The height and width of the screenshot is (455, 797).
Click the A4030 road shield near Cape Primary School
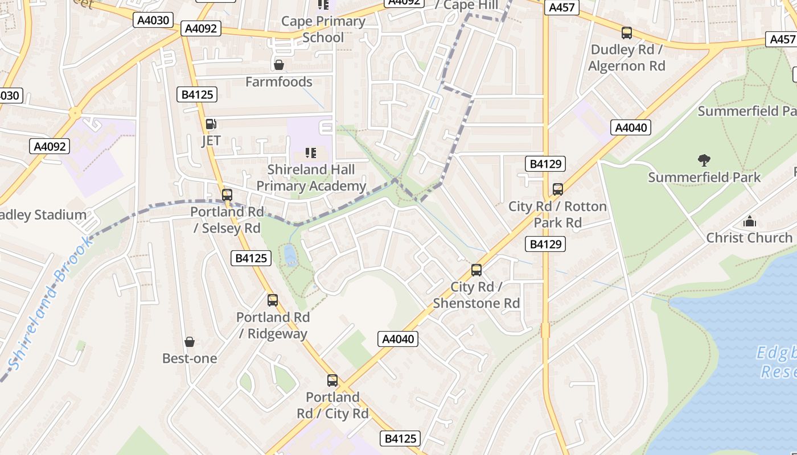click(153, 20)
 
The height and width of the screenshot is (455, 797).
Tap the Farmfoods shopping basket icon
click(279, 65)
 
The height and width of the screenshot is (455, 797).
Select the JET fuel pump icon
click(211, 123)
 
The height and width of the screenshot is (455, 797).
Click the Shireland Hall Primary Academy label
click(311, 177)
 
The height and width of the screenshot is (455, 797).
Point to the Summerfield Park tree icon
click(704, 160)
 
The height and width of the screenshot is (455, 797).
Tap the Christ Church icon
click(750, 221)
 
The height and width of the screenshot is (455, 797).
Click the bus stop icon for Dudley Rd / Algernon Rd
click(627, 33)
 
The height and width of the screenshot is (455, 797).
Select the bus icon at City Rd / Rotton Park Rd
click(558, 189)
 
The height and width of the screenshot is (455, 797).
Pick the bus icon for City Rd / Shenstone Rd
click(476, 270)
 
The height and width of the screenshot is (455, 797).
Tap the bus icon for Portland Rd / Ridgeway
click(273, 300)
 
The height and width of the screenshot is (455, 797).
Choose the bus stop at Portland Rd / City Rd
click(332, 380)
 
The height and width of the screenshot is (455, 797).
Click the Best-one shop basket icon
click(190, 342)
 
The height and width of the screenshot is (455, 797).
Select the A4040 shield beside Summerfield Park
click(631, 127)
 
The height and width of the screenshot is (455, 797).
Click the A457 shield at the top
click(561, 7)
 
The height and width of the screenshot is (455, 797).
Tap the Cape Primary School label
click(323, 29)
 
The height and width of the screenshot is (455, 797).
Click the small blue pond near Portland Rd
click(290, 254)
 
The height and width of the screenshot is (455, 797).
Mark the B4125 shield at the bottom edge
click(400, 439)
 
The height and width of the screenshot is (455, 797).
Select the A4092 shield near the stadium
click(50, 146)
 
